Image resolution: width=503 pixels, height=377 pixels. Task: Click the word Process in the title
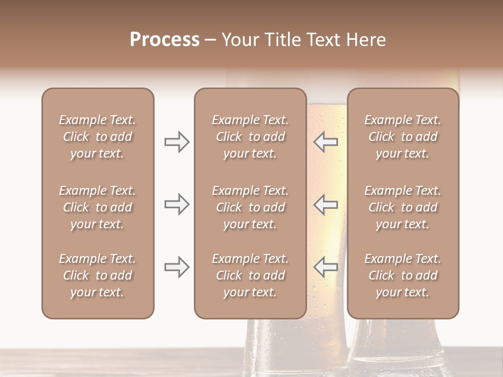pyautogui.click(x=165, y=40)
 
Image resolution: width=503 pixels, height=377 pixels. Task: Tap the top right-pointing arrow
pyautogui.click(x=177, y=142)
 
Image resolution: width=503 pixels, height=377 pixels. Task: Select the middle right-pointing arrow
pyautogui.click(x=177, y=204)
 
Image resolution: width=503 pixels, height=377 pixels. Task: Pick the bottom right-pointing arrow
pyautogui.click(x=177, y=267)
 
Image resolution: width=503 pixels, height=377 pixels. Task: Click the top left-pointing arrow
pyautogui.click(x=326, y=142)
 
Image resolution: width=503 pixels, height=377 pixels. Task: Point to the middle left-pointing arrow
pyautogui.click(x=326, y=204)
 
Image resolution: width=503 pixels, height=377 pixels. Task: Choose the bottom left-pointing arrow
pyautogui.click(x=326, y=267)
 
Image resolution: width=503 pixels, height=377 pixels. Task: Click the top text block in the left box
pyautogui.click(x=97, y=137)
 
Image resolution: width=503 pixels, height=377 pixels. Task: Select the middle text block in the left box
pyautogui.click(x=97, y=207)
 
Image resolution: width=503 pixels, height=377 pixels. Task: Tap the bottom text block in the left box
pyautogui.click(x=97, y=275)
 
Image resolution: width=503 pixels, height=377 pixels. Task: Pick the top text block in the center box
pyautogui.click(x=250, y=137)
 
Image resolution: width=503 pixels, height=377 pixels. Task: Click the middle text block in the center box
pyautogui.click(x=250, y=207)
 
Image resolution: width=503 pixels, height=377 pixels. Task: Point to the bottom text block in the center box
pyautogui.click(x=250, y=275)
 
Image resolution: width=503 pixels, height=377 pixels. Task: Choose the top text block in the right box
pyautogui.click(x=402, y=137)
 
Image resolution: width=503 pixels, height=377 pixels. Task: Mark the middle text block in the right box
pyautogui.click(x=402, y=207)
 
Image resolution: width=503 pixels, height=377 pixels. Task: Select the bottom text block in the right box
pyautogui.click(x=402, y=275)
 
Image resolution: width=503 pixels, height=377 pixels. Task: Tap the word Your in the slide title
pyautogui.click(x=240, y=40)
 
